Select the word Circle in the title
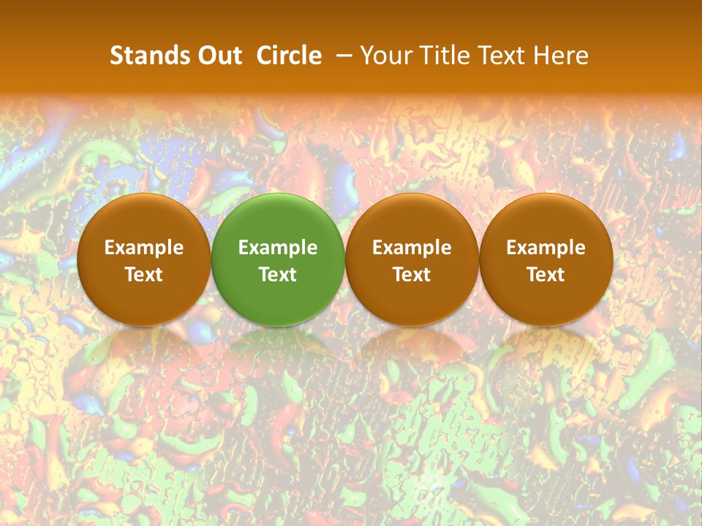tap(289, 56)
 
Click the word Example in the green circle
tap(278, 248)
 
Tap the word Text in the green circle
tap(278, 275)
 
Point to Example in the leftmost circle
tap(144, 248)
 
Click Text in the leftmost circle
tap(144, 275)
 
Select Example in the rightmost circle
tap(546, 248)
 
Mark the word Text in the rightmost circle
tap(546, 275)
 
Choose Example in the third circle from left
tap(412, 248)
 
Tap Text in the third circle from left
tap(412, 275)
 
